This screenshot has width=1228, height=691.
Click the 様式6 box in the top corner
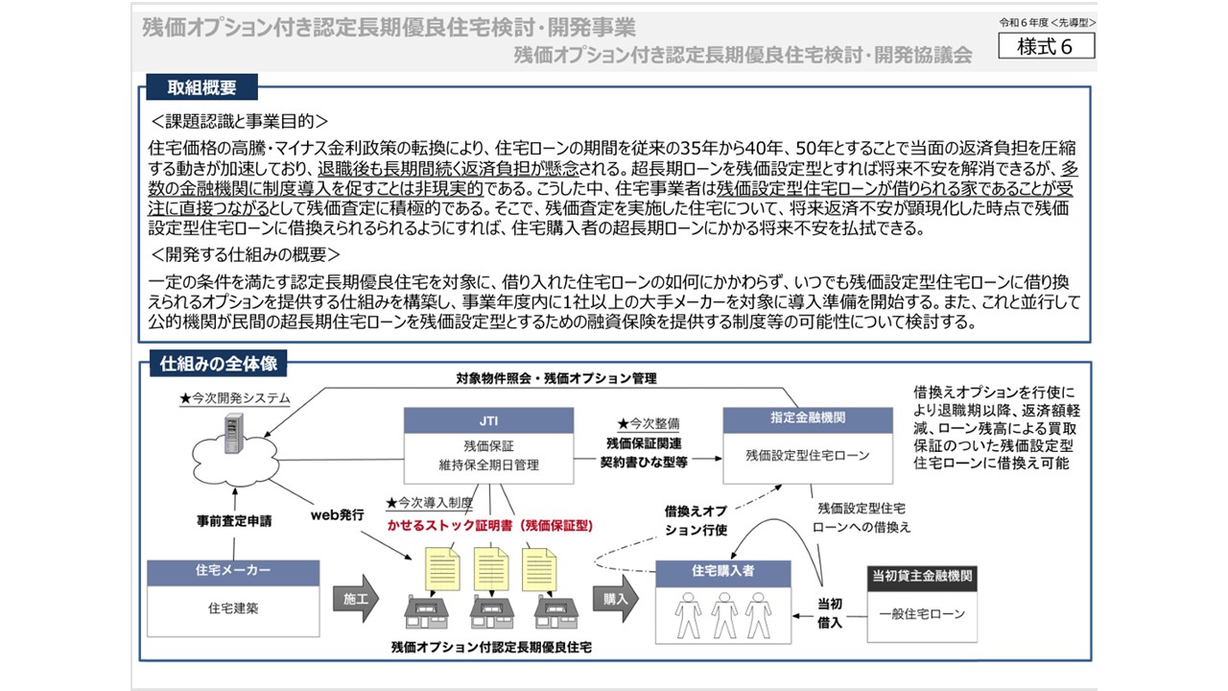pyautogui.click(x=1046, y=45)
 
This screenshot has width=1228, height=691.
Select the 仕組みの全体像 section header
pyautogui.click(x=213, y=365)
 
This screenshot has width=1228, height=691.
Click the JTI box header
pyautogui.click(x=488, y=419)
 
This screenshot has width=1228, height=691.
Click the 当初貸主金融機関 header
pyautogui.click(x=922, y=577)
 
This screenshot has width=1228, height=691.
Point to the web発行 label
pyautogui.click(x=337, y=515)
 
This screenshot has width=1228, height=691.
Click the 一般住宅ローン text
pyautogui.click(x=922, y=613)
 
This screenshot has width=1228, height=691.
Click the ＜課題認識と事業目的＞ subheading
pyautogui.click(x=240, y=122)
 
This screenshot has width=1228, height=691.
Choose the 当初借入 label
pyautogui.click(x=830, y=613)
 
